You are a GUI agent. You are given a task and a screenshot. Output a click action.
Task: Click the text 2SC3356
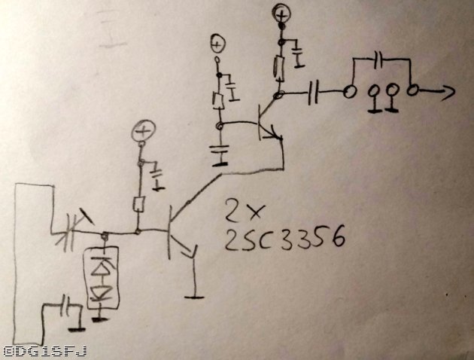click(285, 239)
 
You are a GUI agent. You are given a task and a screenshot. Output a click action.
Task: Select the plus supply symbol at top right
click(281, 13)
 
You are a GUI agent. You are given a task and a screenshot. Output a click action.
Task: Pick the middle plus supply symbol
click(217, 44)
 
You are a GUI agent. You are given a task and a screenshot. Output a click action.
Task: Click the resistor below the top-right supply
click(278, 67)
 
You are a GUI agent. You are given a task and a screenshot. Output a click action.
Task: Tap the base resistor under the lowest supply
click(138, 204)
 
